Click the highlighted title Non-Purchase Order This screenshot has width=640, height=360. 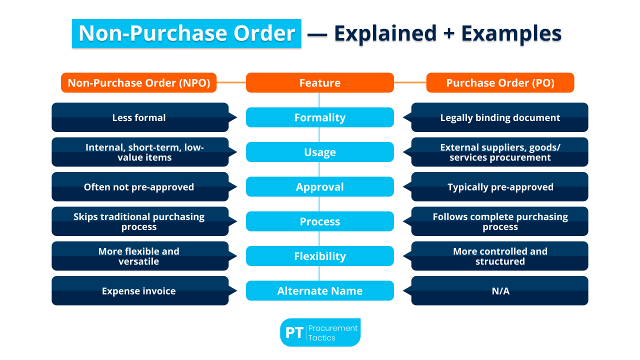pos(186,33)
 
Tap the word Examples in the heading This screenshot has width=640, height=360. pos(511,33)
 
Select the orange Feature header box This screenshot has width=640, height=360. pos(320,83)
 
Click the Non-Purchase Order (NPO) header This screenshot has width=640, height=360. pos(139,83)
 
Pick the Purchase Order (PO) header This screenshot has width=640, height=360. pos(500,83)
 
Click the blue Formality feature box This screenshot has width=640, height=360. pos(320,117)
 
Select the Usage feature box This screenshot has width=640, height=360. pos(320,152)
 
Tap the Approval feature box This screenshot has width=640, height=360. pos(320,187)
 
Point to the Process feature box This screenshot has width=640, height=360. pos(320,221)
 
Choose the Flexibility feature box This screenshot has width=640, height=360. pos(320,256)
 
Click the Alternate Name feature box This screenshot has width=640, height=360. pos(320,290)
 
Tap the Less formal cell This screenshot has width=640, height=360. pos(139,118)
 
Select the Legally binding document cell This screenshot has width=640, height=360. pos(500,118)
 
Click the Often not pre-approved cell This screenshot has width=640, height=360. pos(139,187)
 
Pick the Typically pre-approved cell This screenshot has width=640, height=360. pos(500,187)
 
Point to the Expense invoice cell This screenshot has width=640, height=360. pos(139,291)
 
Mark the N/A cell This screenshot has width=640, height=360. pos(500,291)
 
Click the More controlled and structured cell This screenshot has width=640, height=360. pos(500,256)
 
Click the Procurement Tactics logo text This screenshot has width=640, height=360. pos(333,333)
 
